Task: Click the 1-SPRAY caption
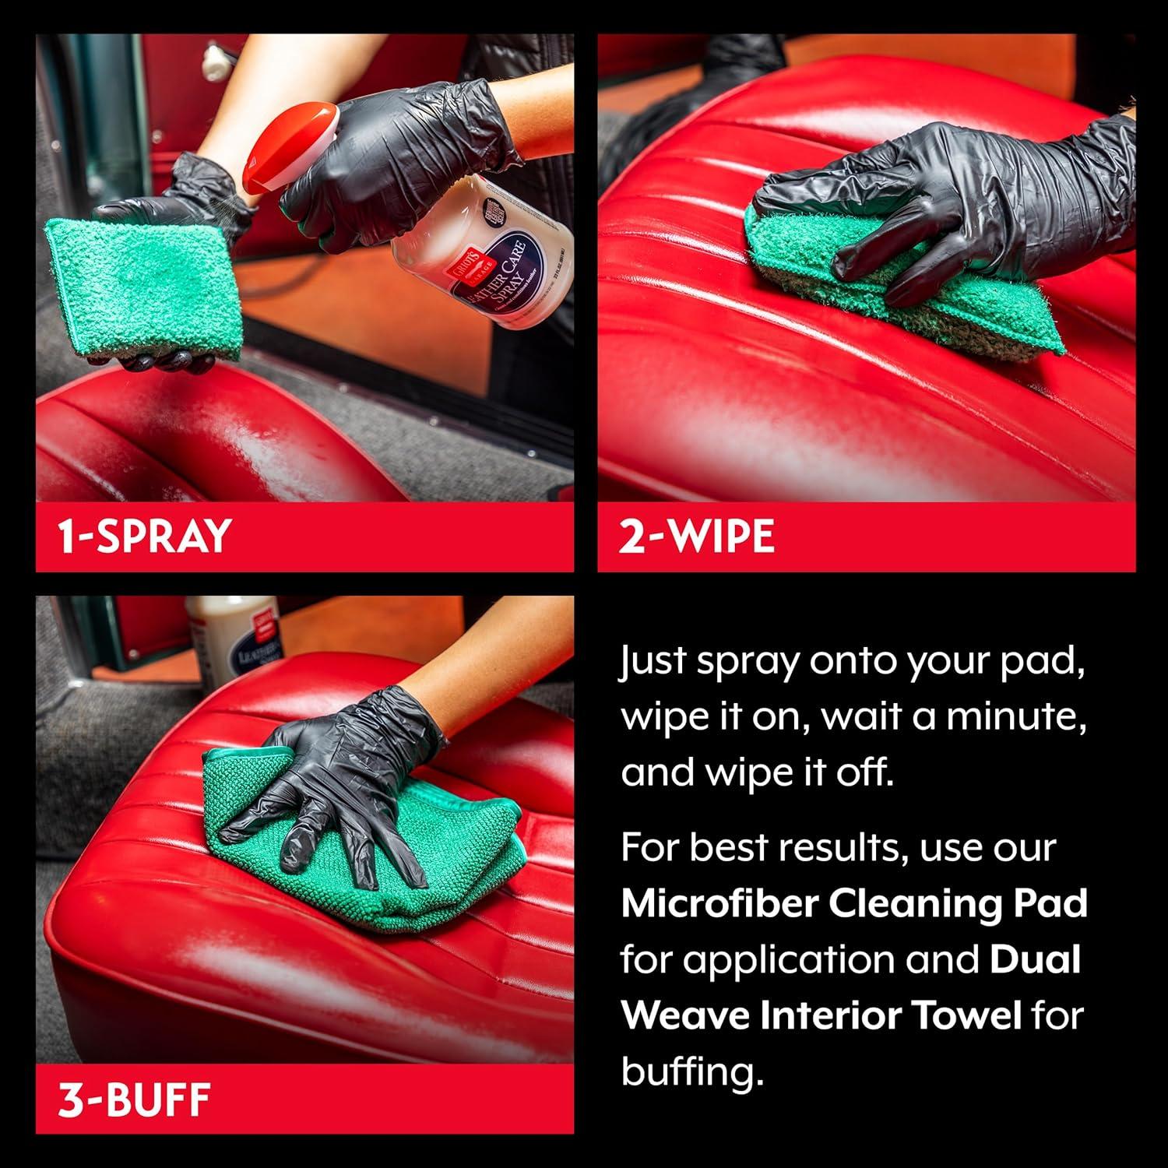pos(145,536)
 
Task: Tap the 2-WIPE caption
pos(697,536)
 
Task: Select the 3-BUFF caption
pos(135,1099)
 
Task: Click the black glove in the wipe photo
pos(958,202)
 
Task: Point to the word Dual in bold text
pos(1035,959)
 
